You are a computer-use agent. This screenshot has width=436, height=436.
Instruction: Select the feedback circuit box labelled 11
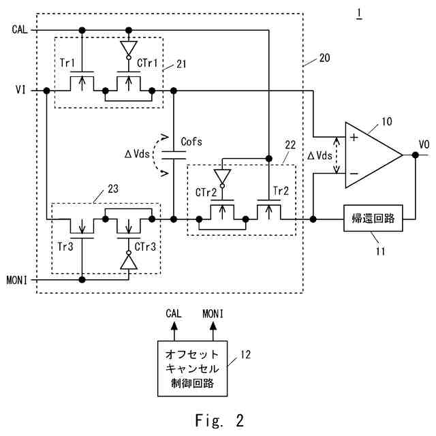pyautogui.click(x=373, y=218)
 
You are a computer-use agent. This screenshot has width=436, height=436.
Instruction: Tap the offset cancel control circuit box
pyautogui.click(x=192, y=369)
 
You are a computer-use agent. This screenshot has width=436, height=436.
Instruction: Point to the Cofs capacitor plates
pyautogui.click(x=174, y=155)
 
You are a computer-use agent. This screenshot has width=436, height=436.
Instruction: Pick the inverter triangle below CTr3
pyautogui.click(x=129, y=260)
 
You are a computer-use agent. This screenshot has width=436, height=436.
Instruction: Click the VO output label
pyautogui.click(x=424, y=144)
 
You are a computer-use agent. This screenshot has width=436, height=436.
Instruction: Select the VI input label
pyautogui.click(x=20, y=90)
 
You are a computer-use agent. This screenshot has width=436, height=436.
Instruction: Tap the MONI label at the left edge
pyautogui.click(x=17, y=280)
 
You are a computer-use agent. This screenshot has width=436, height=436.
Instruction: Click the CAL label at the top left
pyautogui.click(x=20, y=29)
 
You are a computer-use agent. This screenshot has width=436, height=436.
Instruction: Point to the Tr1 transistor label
pyautogui.click(x=67, y=63)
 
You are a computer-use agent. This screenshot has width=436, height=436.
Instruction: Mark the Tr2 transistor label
pyautogui.click(x=281, y=191)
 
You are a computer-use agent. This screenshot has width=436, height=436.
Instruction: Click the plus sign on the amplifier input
pyautogui.click(x=354, y=138)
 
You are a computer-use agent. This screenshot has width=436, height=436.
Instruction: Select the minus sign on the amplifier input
pyautogui.click(x=354, y=174)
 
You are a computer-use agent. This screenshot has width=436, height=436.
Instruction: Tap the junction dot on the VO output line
pyautogui.click(x=415, y=155)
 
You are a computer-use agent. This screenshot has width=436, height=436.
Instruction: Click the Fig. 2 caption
pyautogui.click(x=219, y=420)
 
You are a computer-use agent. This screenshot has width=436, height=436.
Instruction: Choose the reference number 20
pyautogui.click(x=324, y=58)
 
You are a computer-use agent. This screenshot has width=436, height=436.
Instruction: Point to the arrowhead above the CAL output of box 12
pyautogui.click(x=174, y=326)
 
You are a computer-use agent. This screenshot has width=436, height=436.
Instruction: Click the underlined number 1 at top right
pyautogui.click(x=359, y=14)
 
